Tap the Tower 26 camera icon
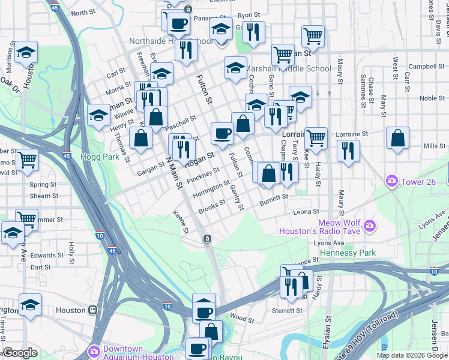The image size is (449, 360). click(392, 180)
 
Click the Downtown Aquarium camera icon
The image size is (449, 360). click(94, 350)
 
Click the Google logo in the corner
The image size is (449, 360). click(20, 353)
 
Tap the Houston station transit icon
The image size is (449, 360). click(93, 310)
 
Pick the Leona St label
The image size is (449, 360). click(306, 212)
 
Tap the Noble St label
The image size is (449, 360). click(431, 98)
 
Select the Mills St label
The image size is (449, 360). click(434, 146)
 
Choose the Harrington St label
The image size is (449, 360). click(211, 190)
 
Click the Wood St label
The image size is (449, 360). click(242, 319)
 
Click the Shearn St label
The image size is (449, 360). click(44, 196)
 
